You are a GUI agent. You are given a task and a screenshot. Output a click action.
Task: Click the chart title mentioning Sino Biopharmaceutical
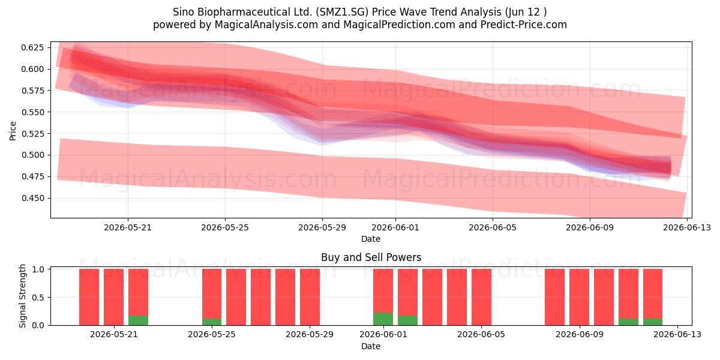[359, 12]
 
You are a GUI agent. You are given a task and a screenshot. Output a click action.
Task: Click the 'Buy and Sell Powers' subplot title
[371, 257]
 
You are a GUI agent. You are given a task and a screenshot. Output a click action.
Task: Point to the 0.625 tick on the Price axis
[32, 47]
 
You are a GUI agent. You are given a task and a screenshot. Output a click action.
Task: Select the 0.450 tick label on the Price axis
[32, 198]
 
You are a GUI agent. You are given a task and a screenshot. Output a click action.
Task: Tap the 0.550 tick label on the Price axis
[32, 112]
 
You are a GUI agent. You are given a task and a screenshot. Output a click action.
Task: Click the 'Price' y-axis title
[13, 131]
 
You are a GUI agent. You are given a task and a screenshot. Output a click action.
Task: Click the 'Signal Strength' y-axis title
[22, 296]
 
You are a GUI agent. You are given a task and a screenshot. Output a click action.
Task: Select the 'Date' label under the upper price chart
[371, 239]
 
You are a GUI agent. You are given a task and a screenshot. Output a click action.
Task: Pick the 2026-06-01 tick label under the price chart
[395, 227]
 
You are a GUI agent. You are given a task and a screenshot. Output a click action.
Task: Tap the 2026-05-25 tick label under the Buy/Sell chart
[211, 334]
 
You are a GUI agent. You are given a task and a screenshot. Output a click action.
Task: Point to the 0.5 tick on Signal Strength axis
[38, 298]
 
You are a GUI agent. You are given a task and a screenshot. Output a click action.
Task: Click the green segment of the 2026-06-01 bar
[383, 319]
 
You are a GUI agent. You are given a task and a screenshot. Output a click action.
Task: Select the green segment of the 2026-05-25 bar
[212, 322]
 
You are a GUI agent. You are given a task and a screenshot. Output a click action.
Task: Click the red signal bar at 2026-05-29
[310, 297]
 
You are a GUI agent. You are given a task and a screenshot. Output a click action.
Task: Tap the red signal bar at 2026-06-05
[481, 297]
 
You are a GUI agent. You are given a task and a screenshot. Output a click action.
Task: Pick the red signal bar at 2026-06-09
[579, 297]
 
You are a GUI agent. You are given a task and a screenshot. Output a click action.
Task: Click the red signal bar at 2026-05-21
[114, 297]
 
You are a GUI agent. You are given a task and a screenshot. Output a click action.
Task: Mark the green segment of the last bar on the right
[653, 322]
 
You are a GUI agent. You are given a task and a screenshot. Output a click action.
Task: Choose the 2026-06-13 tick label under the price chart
[687, 227]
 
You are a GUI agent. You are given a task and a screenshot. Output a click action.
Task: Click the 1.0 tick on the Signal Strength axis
[38, 269]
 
